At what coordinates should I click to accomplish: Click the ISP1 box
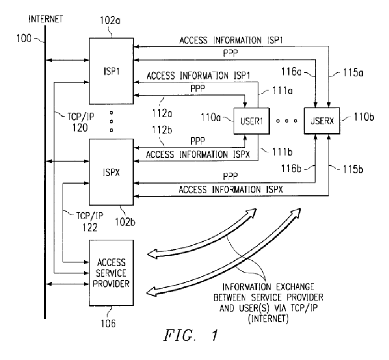[111, 71]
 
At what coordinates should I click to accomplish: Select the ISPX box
[111, 172]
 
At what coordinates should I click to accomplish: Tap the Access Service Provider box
[111, 273]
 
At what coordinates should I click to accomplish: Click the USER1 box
[252, 121]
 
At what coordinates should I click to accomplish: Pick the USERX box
[322, 121]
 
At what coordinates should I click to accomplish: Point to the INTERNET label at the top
[46, 19]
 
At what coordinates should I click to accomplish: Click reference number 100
[24, 38]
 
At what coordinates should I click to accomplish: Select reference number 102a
[110, 20]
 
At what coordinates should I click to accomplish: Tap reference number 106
[108, 323]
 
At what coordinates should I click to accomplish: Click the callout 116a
[291, 72]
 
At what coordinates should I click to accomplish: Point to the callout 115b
[353, 169]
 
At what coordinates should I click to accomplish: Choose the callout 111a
[282, 91]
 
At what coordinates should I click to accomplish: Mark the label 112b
[162, 130]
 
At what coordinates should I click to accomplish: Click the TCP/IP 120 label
[81, 122]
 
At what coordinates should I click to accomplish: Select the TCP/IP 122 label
[90, 221]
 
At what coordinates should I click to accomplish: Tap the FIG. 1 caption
[190, 335]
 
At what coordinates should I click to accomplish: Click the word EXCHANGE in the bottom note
[295, 287]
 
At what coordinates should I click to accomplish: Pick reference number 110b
[364, 117]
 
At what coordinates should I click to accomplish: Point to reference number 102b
[125, 222]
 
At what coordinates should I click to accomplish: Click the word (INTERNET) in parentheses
[269, 318]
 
